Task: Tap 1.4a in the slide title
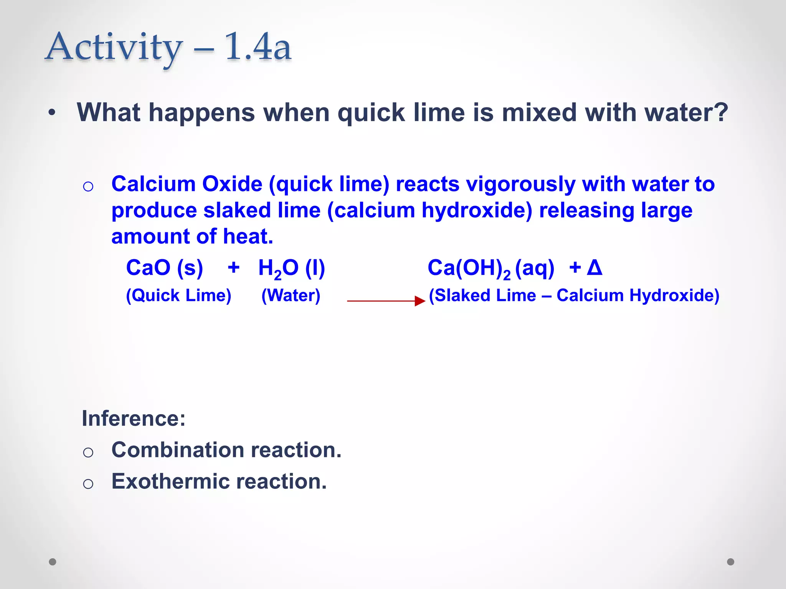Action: (258, 47)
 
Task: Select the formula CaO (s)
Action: (164, 268)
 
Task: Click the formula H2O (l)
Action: (292, 268)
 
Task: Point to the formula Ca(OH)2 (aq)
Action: (491, 268)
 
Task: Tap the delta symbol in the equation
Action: (594, 267)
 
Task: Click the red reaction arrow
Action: (386, 301)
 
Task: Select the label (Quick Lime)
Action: (178, 296)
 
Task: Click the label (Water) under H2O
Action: (291, 296)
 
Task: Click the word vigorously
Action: (520, 184)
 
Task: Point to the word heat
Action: (248, 236)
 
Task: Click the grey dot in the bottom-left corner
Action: (53, 562)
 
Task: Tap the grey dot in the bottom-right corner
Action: (731, 562)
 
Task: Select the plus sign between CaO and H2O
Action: (233, 267)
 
